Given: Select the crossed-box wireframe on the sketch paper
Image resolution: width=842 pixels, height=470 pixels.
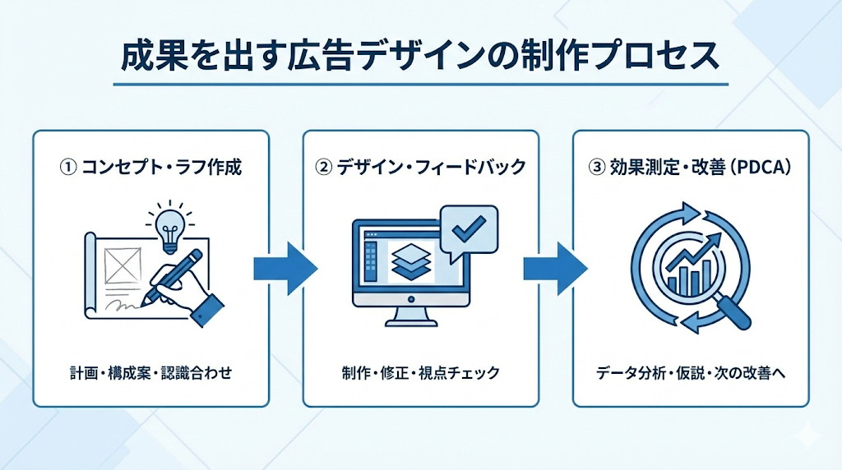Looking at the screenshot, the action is (x=123, y=265).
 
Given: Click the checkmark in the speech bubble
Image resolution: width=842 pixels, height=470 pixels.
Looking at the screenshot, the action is (x=469, y=228).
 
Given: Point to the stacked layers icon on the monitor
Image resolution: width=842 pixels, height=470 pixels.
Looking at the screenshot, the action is (x=411, y=262).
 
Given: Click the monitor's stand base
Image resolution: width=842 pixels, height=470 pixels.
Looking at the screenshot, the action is (x=411, y=323).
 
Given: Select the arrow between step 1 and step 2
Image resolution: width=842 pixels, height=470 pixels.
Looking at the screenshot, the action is (x=285, y=268).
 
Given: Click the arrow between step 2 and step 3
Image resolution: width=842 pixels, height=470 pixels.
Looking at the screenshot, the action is (x=556, y=268).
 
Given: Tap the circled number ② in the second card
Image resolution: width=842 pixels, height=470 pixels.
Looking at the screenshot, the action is (x=323, y=168).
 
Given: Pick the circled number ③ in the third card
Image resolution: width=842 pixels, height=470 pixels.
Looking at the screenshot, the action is (x=597, y=168).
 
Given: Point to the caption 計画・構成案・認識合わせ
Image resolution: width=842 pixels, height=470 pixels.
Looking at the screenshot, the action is (x=151, y=372).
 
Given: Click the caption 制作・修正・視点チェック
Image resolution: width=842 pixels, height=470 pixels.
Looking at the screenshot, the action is (x=420, y=372).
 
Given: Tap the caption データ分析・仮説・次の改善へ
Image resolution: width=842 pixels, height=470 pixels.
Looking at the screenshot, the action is (x=691, y=372).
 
